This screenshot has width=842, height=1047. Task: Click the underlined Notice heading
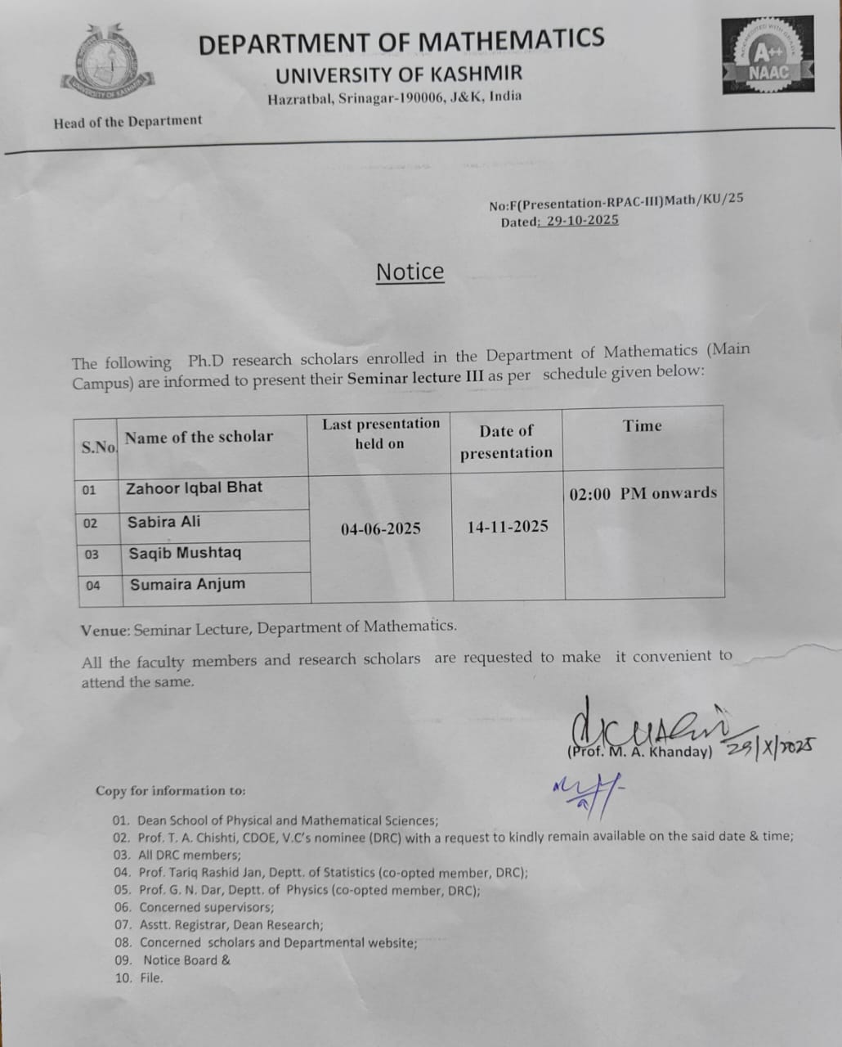pyautogui.click(x=410, y=272)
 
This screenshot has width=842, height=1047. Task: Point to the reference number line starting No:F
pyautogui.click(x=616, y=202)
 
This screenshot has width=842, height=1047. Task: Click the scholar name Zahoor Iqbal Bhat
pyautogui.click(x=194, y=488)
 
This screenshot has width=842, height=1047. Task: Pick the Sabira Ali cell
pyautogui.click(x=163, y=522)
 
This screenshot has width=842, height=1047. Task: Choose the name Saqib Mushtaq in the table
pyautogui.click(x=185, y=553)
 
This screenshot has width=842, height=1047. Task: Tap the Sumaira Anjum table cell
pyautogui.click(x=187, y=584)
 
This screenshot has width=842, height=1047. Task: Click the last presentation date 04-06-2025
pyautogui.click(x=380, y=528)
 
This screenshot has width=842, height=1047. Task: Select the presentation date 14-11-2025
pyautogui.click(x=507, y=527)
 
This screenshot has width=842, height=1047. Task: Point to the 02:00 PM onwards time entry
pyautogui.click(x=643, y=493)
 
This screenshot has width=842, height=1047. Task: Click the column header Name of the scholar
pyautogui.click(x=199, y=437)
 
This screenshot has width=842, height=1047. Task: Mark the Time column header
pyautogui.click(x=642, y=425)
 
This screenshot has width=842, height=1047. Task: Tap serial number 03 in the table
pyautogui.click(x=91, y=555)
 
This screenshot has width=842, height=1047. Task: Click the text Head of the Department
pyautogui.click(x=128, y=122)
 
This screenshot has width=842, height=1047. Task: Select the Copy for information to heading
pyautogui.click(x=170, y=791)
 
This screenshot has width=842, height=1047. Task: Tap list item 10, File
pyautogui.click(x=139, y=977)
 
